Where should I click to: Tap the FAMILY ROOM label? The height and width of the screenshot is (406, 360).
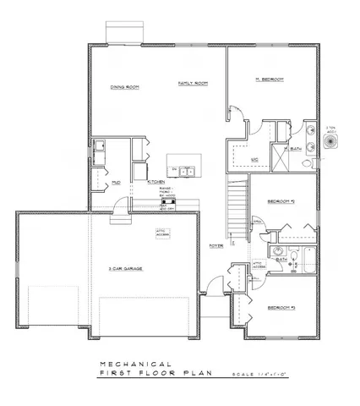pyautogui.click(x=193, y=83)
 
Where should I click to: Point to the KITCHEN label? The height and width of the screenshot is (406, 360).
pyautogui.click(x=156, y=182)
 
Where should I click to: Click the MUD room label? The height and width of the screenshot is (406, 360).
pyautogui.click(x=115, y=182)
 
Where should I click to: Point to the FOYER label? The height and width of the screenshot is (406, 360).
pyautogui.click(x=216, y=246)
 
